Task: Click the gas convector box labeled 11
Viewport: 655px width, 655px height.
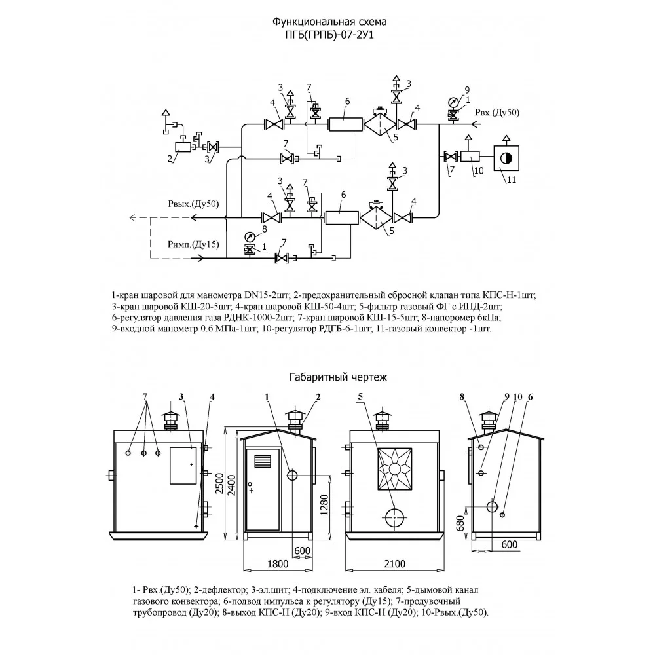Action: tap(506, 158)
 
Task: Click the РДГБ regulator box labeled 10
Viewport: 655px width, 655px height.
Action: tap(470, 157)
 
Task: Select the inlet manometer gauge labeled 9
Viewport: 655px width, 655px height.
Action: tap(453, 102)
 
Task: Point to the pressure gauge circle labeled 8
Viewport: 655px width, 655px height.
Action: tap(250, 237)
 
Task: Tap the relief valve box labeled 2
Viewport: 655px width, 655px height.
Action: tap(183, 147)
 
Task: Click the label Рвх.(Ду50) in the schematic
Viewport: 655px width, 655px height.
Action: tap(498, 113)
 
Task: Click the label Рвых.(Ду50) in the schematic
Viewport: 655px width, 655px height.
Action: tap(193, 204)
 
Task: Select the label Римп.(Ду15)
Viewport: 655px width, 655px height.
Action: tap(193, 244)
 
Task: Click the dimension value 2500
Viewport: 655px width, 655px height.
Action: tap(219, 484)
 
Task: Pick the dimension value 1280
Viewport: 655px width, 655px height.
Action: tap(325, 504)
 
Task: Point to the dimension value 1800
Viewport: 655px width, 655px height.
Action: tap(278, 564)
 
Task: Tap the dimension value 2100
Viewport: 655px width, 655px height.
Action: tap(394, 564)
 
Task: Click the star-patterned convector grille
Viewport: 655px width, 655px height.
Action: tap(395, 469)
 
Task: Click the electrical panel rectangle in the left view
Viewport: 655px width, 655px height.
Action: tap(183, 466)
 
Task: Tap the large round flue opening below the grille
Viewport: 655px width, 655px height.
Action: tap(395, 517)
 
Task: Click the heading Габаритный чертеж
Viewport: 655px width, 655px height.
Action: tap(339, 377)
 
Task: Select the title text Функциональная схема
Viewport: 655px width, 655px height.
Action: tap(329, 22)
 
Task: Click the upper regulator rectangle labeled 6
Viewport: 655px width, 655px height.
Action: tap(345, 124)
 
